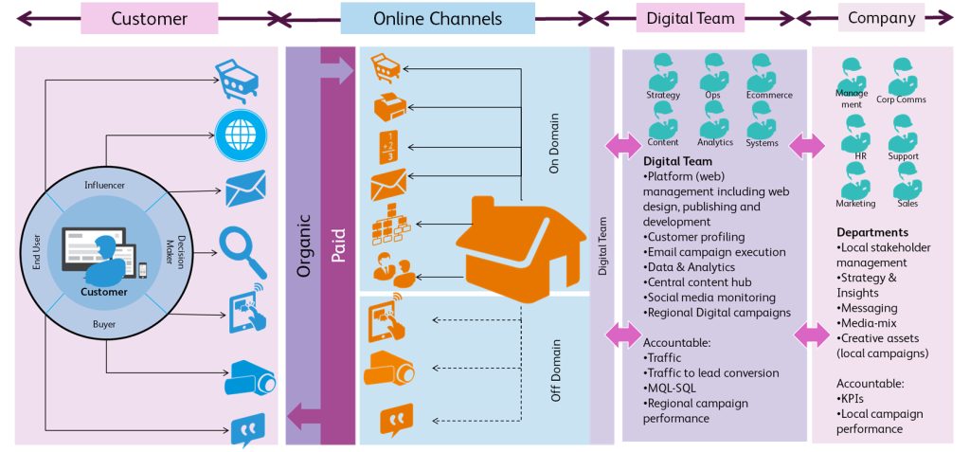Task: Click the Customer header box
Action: (x=149, y=18)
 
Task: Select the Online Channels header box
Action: (x=437, y=18)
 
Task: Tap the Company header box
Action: (x=881, y=17)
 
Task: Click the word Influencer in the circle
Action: (x=104, y=185)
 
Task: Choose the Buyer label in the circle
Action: (x=104, y=324)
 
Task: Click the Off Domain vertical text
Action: (x=556, y=370)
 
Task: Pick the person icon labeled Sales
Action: (x=907, y=179)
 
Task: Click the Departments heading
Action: (x=872, y=232)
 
